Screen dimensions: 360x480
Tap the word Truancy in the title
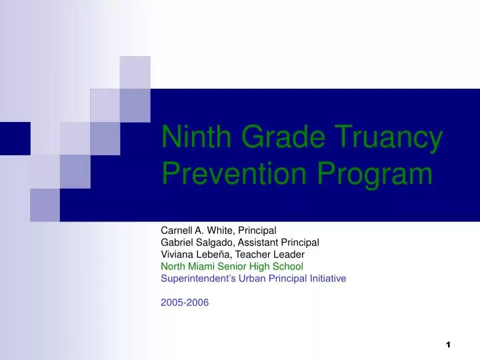click(393, 138)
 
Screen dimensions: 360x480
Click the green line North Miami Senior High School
click(232, 266)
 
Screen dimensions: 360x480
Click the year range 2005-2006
click(185, 302)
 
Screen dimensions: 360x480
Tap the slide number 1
click(448, 345)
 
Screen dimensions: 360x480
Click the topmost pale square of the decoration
click(135, 72)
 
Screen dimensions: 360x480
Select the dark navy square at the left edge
click(15, 138)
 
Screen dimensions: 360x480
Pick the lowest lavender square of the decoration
click(45, 205)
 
